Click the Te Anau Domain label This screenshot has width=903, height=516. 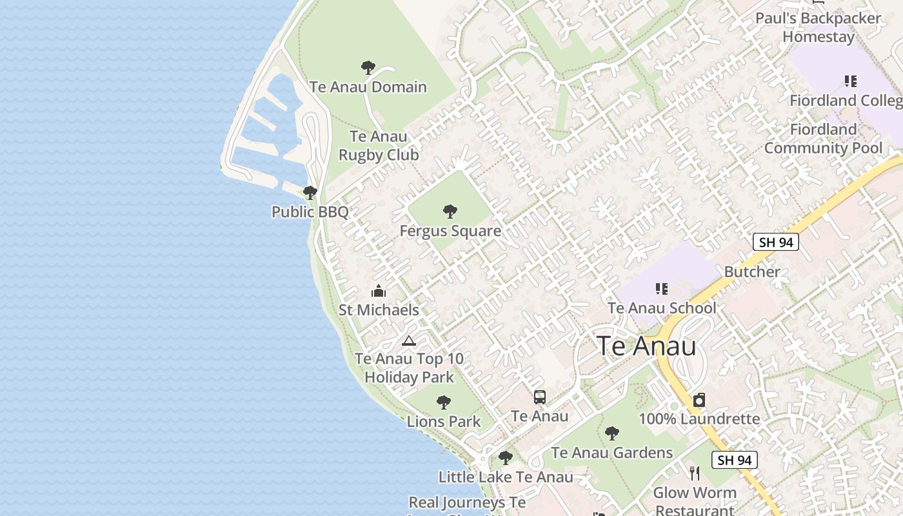click(x=368, y=87)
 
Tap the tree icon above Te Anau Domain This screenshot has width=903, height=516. click(x=368, y=67)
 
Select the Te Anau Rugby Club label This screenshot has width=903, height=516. click(x=379, y=146)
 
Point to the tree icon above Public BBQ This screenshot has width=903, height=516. click(x=310, y=192)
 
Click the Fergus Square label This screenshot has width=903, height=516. click(x=450, y=231)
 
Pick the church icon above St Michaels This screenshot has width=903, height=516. click(x=379, y=291)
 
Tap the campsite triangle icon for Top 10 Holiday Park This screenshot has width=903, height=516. click(x=408, y=341)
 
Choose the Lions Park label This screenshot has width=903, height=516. click(x=444, y=422)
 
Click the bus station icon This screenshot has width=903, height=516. click(x=540, y=397)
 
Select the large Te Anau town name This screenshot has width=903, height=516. click(x=646, y=346)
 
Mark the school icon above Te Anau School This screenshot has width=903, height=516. click(x=661, y=288)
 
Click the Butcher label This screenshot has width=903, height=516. click(x=752, y=272)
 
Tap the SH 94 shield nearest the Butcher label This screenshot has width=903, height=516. click(x=776, y=242)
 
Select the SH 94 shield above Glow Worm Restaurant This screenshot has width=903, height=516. click(x=735, y=460)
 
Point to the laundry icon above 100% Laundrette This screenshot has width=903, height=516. click(x=699, y=400)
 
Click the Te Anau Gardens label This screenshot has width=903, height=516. click(x=612, y=453)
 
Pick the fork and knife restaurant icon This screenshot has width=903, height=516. click(x=695, y=473)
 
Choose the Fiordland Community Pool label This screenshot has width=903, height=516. click(x=823, y=139)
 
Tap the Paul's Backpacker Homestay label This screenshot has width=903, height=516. click(x=818, y=27)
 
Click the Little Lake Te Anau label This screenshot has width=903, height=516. click(x=506, y=477)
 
